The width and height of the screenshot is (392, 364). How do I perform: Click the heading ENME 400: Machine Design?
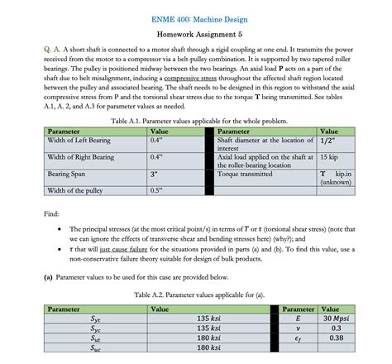(x=196, y=17)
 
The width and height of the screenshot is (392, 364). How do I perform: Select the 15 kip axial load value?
(x=328, y=156)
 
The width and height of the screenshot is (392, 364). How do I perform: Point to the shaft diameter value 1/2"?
(x=327, y=141)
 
